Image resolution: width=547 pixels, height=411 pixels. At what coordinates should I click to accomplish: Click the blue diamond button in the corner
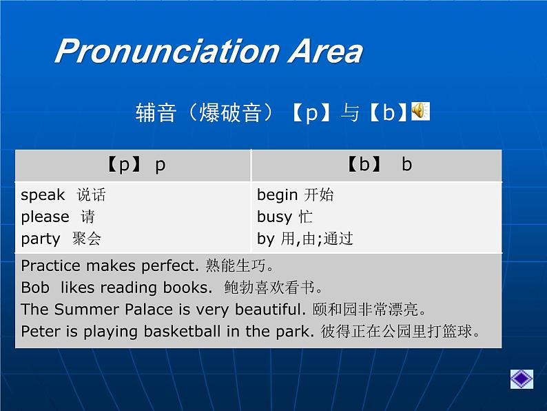(x=522, y=379)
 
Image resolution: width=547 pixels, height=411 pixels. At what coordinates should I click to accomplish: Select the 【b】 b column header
(x=377, y=166)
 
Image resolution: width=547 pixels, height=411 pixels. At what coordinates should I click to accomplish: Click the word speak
(x=43, y=195)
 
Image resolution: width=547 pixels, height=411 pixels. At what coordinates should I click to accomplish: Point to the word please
(x=45, y=217)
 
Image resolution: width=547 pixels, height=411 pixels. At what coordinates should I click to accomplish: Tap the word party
(x=41, y=239)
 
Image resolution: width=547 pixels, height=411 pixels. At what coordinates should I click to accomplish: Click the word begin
(x=277, y=195)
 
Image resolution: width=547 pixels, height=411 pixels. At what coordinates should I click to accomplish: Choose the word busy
(x=274, y=217)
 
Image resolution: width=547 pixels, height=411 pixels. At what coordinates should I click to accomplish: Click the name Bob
(x=35, y=288)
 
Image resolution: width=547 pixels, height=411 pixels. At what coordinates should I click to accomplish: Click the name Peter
(x=40, y=332)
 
